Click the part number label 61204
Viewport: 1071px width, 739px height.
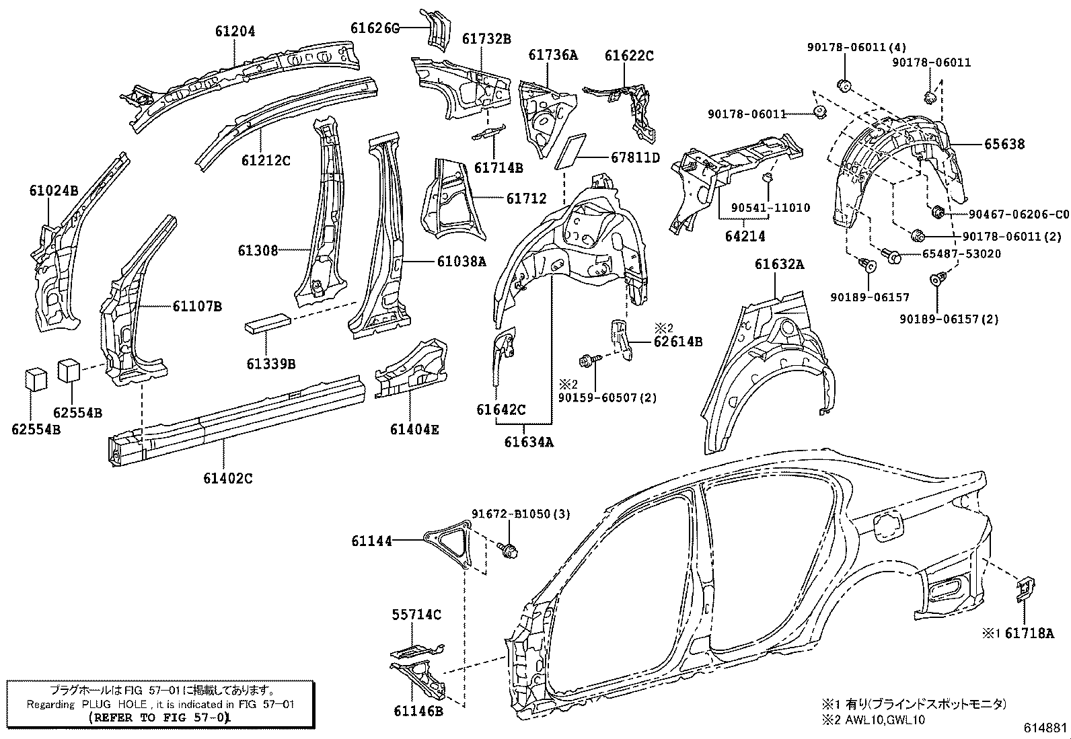[235, 31]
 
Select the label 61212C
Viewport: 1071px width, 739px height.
[266, 161]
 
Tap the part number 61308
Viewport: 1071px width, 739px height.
[257, 251]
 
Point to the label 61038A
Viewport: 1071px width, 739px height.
[461, 262]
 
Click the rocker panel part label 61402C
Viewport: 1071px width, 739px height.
[227, 479]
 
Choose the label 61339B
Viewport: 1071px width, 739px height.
[270, 364]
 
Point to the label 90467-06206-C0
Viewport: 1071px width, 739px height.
[1019, 214]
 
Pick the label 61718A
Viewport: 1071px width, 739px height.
[1029, 633]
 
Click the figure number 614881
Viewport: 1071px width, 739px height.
[1046, 728]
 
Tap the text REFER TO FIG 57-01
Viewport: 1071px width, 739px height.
[160, 717]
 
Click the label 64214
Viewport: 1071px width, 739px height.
[745, 236]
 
